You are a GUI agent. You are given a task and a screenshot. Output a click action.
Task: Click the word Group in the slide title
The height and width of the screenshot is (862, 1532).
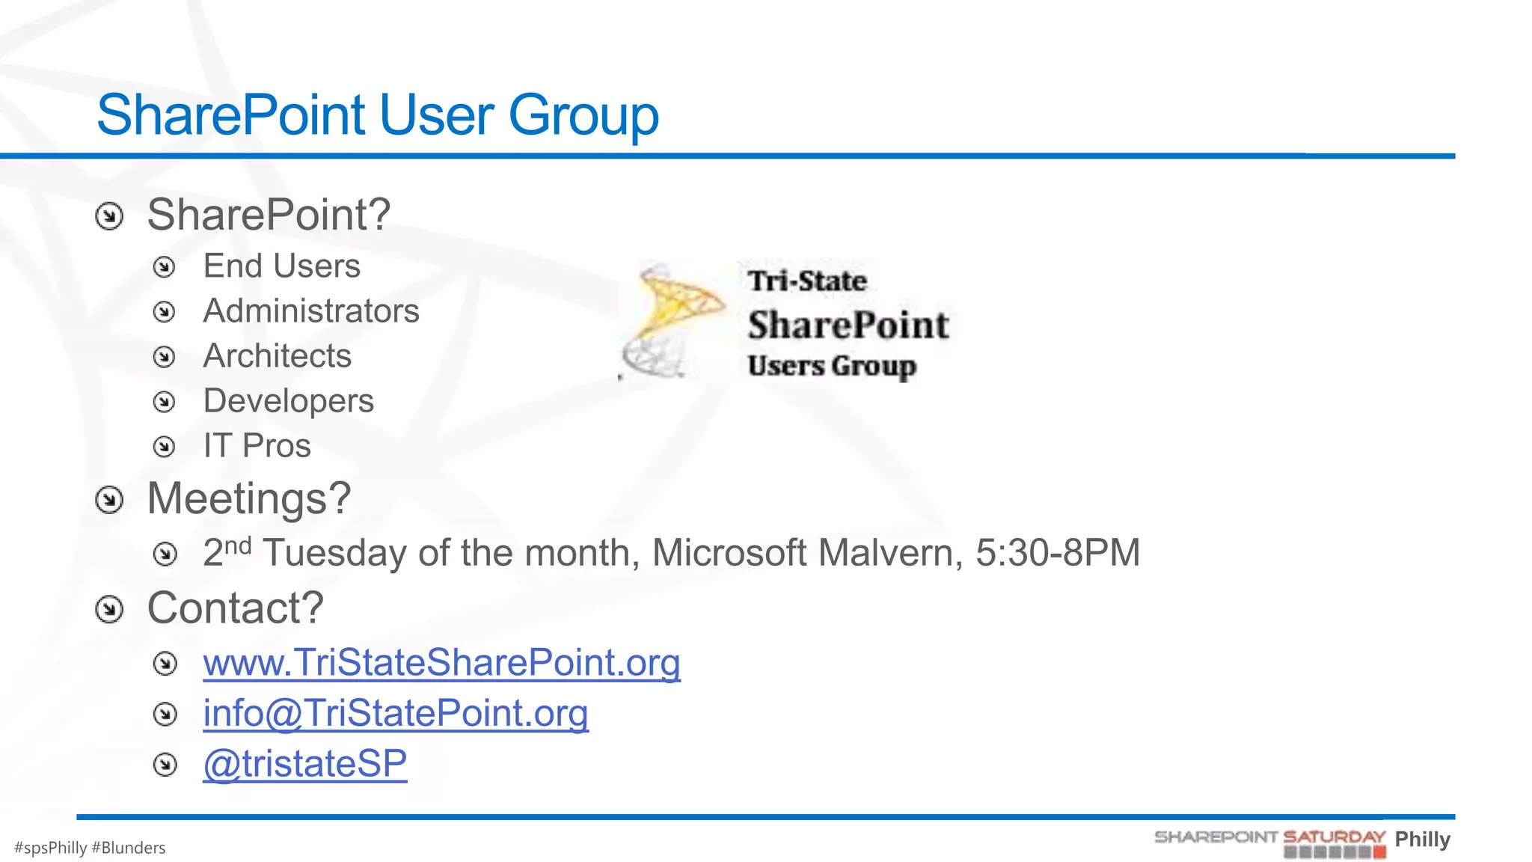583,116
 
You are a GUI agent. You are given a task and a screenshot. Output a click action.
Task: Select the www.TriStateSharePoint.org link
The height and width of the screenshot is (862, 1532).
441,663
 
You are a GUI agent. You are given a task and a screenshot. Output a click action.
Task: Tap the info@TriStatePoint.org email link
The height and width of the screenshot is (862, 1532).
396,713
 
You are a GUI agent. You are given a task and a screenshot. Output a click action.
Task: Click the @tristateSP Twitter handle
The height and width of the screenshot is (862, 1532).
305,764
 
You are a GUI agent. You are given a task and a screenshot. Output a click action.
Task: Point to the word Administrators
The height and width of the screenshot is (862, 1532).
311,311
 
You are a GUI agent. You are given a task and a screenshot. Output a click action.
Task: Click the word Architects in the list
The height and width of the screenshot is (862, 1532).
277,356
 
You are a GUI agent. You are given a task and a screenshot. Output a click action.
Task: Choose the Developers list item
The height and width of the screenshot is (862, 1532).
288,401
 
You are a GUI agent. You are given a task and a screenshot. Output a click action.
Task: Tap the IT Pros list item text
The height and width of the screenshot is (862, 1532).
257,446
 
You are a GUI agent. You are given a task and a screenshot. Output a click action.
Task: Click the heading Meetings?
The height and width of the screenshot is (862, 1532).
249,498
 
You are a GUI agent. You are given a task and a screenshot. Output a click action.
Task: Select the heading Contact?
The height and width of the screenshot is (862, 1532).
235,608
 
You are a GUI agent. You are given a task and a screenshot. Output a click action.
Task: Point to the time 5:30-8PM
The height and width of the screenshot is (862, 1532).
1058,554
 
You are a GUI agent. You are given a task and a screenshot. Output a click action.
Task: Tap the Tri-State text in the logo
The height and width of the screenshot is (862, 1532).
807,281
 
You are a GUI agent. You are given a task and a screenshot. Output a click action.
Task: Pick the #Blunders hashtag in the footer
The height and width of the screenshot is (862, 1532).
128,848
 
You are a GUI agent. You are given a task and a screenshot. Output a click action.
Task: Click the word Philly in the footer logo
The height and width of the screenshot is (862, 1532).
1422,839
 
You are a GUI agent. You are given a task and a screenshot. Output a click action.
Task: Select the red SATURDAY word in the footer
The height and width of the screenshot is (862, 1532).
1334,837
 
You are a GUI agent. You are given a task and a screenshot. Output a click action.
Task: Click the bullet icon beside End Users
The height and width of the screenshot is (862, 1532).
164,267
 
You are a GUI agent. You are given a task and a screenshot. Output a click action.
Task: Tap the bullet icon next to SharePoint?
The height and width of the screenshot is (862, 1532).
109,217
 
